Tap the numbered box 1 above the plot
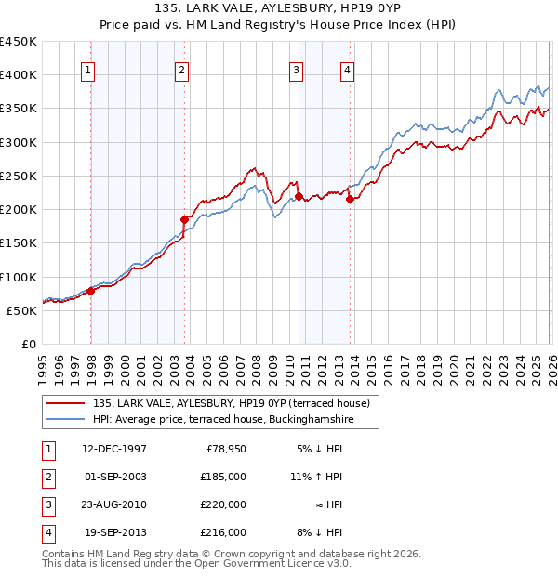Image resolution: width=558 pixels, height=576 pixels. [x=87, y=69]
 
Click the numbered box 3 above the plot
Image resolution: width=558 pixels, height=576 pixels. [x=296, y=69]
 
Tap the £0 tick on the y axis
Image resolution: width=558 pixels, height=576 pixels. [x=29, y=345]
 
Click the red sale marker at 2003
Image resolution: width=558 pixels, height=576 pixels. [x=184, y=219]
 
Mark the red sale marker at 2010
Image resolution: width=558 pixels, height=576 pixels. [x=299, y=196]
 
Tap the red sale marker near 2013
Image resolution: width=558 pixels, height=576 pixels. [x=350, y=199]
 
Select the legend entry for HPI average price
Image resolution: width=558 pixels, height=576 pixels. [x=223, y=420]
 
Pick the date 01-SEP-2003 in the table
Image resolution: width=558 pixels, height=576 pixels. [x=113, y=477]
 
